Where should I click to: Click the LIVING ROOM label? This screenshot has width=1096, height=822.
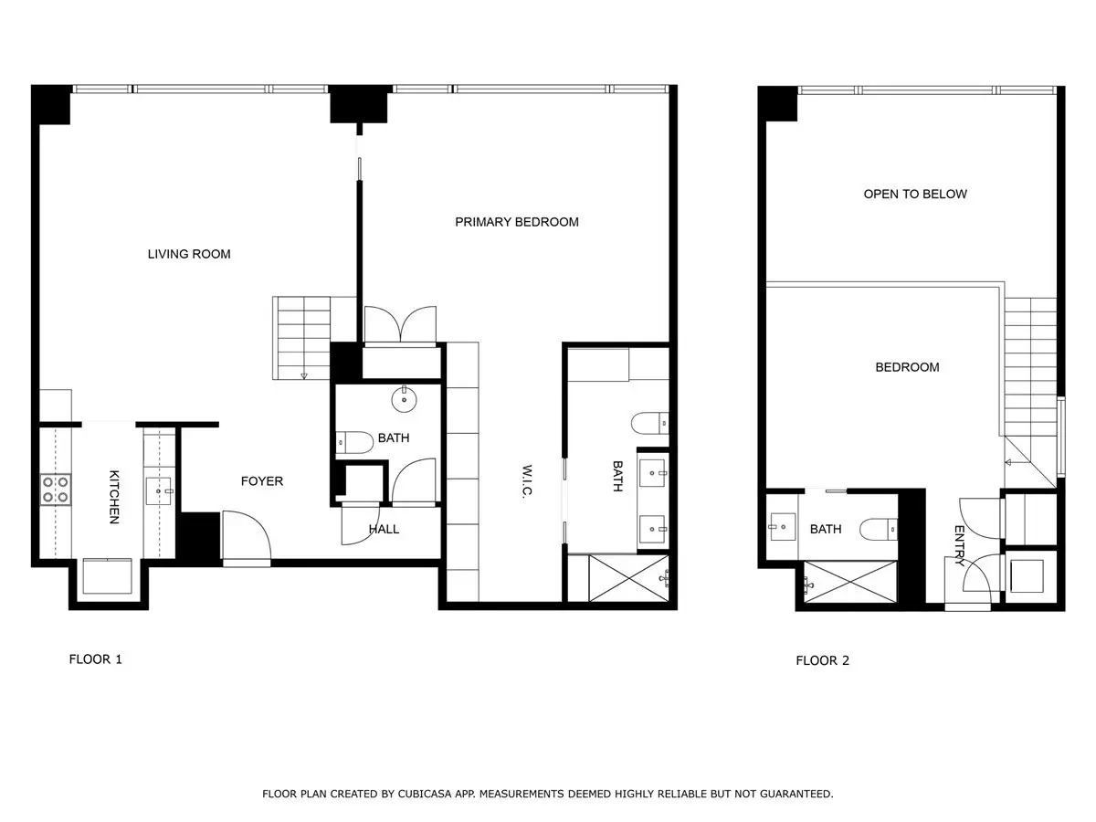click(x=189, y=254)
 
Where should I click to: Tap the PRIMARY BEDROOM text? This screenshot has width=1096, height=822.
click(x=517, y=222)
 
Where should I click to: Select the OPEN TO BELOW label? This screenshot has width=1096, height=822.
click(x=915, y=195)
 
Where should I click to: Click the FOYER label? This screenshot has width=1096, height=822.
click(x=261, y=481)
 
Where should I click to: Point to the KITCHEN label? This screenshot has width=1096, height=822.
click(x=114, y=497)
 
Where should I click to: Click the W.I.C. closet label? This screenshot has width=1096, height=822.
click(x=527, y=481)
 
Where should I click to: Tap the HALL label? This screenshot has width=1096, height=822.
click(x=384, y=529)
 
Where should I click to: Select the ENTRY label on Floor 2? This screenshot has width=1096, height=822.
click(x=959, y=545)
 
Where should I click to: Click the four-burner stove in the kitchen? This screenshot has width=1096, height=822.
click(x=56, y=490)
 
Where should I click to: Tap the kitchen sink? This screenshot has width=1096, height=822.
click(x=159, y=491)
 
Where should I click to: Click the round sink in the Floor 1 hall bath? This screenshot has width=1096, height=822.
click(x=404, y=399)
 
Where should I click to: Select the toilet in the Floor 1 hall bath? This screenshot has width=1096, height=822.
click(x=354, y=442)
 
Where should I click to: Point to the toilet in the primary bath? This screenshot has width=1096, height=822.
click(x=650, y=423)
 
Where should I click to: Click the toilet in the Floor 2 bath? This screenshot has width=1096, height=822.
click(x=879, y=529)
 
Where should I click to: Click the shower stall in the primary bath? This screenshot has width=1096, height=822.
click(x=628, y=578)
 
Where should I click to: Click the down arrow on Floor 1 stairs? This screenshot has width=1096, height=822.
click(x=303, y=374)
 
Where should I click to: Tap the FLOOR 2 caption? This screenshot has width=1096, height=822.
click(x=822, y=660)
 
